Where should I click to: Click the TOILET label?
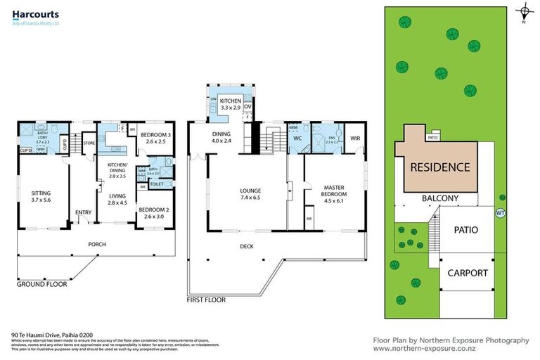pyautogui.click(x=157, y=184)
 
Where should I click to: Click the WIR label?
pyautogui.click(x=355, y=139)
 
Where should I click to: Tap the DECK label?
pyautogui.click(x=246, y=246)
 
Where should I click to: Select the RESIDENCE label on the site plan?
pyautogui.click(x=439, y=167)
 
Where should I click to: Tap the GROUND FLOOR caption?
pyautogui.click(x=41, y=285)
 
